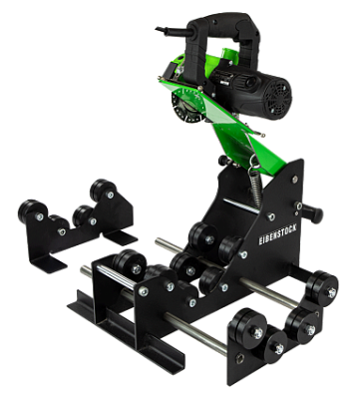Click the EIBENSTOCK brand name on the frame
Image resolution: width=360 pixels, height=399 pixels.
(x=277, y=233)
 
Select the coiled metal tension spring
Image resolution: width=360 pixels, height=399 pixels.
(x=256, y=187)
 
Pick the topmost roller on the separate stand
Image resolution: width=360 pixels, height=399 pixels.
(x=101, y=190)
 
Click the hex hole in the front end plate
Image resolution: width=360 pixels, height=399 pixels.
(x=239, y=359)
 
